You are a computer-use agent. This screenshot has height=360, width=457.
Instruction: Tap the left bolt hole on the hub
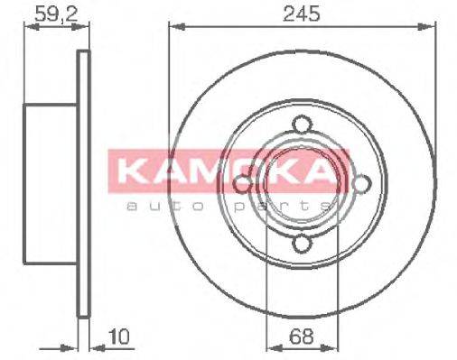pyautogui.click(x=244, y=184)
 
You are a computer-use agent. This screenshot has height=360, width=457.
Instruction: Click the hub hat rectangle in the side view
pyautogui.click(x=50, y=185)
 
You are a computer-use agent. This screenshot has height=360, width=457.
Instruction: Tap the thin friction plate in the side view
pyautogui.click(x=85, y=185)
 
